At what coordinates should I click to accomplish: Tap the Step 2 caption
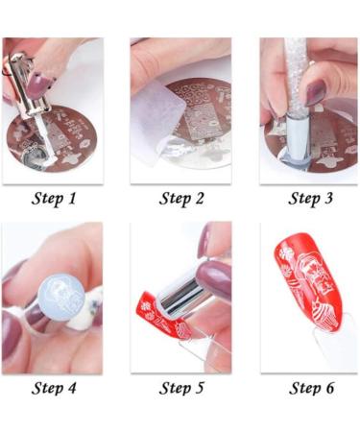tap(180, 200)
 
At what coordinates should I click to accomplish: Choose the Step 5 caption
tap(180, 388)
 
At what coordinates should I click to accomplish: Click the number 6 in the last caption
tap(331, 388)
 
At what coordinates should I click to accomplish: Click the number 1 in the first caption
tap(73, 200)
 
